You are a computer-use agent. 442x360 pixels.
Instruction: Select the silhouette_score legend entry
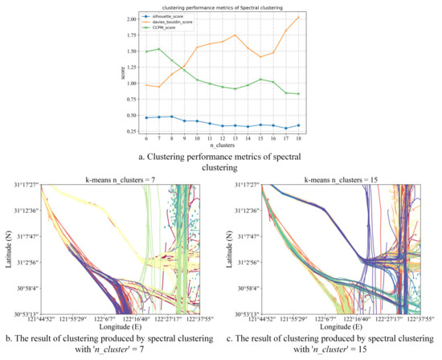point(149,17)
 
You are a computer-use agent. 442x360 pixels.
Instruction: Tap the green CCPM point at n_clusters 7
point(137,49)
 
